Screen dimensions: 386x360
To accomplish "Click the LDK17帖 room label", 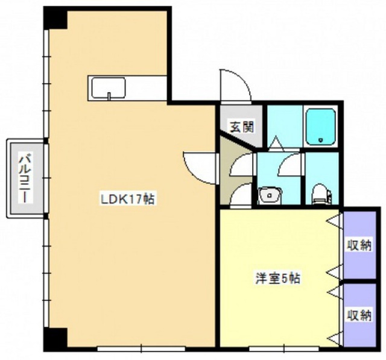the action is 128,199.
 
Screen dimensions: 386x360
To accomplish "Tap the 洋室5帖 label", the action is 277,279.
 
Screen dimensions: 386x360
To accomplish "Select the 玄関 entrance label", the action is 242,127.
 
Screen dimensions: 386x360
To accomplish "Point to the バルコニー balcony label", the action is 25,178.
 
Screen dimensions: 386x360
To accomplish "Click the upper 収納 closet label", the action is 359,245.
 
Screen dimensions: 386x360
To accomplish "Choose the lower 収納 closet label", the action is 359,315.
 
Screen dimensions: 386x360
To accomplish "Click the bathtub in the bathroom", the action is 320,127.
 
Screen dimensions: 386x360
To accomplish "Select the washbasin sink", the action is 270,195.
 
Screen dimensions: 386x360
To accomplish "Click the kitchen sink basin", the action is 109,87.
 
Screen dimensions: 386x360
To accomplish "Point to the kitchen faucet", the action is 109,96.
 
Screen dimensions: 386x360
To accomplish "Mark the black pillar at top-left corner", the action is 55,17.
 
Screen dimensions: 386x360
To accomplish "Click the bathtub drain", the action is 320,141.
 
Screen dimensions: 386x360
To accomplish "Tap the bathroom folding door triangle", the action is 276,143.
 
